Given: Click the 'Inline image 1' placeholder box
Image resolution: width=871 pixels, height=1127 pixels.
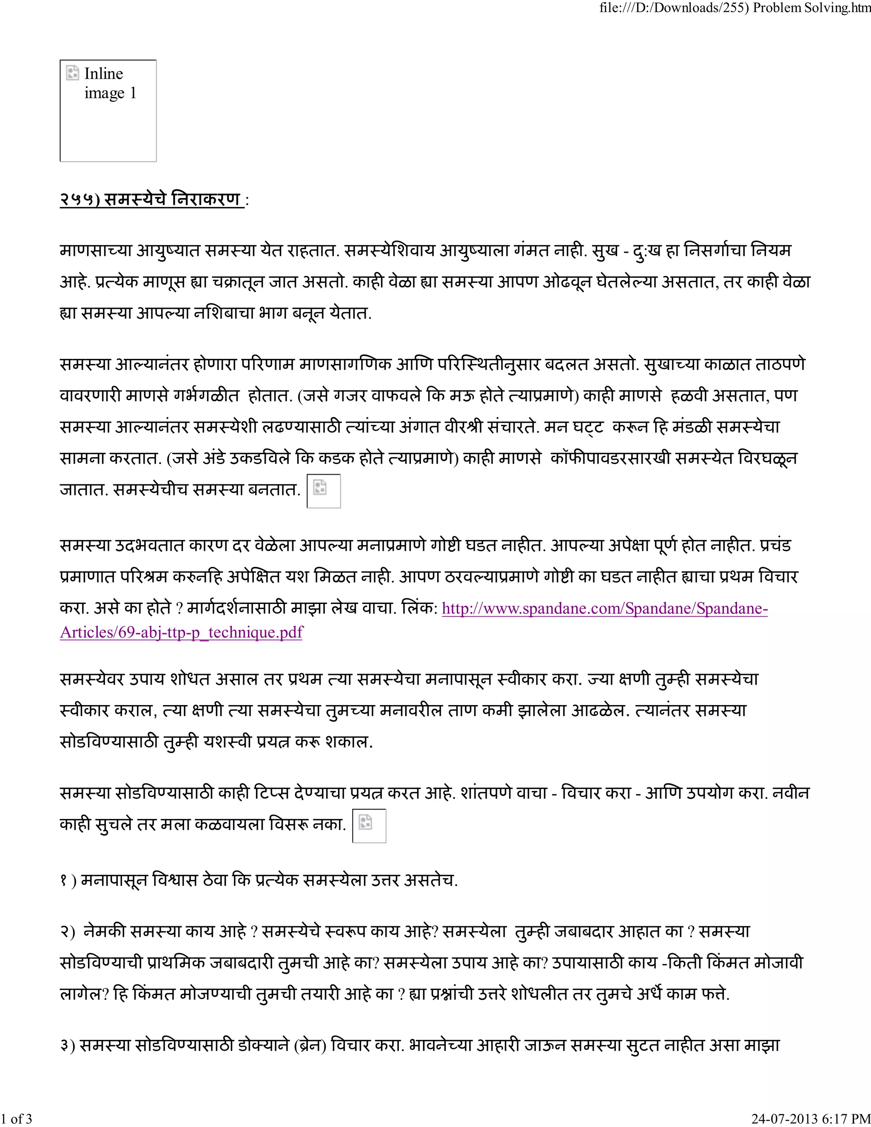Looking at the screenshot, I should pyautogui.click(x=108, y=111).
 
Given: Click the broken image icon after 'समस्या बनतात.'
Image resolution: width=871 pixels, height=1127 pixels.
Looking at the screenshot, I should pyautogui.click(x=324, y=491).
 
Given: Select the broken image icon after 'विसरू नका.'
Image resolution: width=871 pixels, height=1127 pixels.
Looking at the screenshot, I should pyautogui.click(x=369, y=825).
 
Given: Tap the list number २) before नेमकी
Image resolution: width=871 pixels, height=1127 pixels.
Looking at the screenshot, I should pyautogui.click(x=68, y=932).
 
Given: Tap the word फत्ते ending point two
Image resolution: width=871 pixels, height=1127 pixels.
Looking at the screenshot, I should pyautogui.click(x=714, y=994).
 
